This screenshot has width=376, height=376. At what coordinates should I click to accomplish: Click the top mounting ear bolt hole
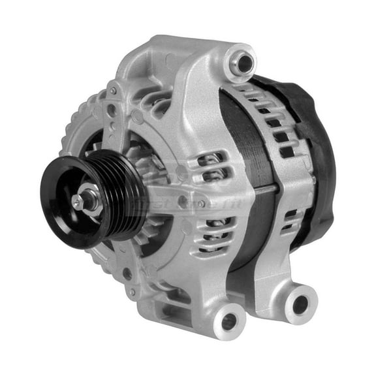click(243, 64)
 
